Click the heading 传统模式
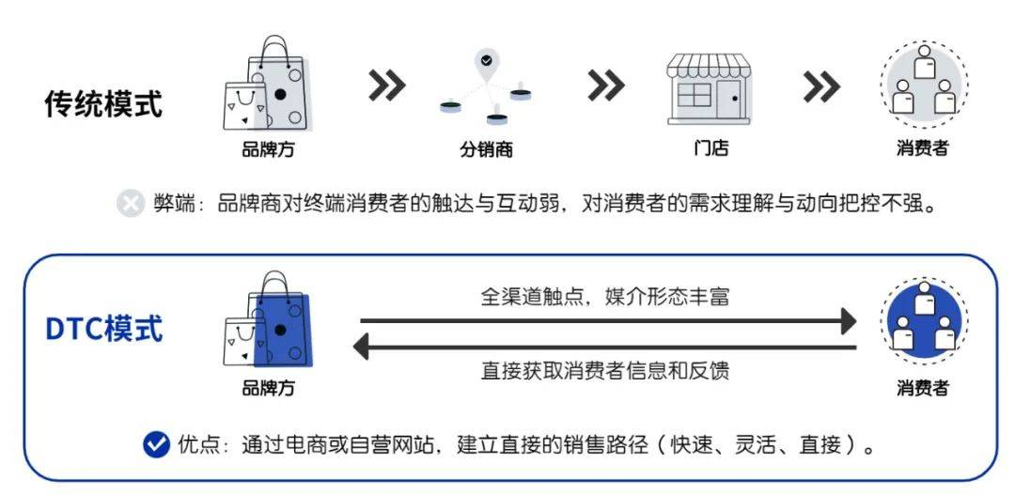[103, 104]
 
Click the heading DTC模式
[103, 329]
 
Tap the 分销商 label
[486, 149]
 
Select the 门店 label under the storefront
[710, 147]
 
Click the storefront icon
[710, 88]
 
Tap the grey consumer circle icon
[923, 84]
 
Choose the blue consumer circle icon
[923, 320]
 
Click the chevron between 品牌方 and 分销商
[386, 86]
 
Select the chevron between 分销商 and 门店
[606, 86]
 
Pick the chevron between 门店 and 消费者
[822, 86]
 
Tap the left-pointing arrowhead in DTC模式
[362, 347]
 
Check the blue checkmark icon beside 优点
[156, 444]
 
